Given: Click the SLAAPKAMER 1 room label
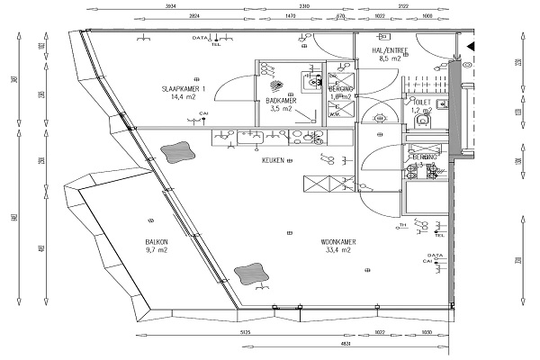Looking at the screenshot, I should [184, 88].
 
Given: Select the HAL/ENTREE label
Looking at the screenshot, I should [390, 50].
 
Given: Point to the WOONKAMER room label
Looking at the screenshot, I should [337, 242].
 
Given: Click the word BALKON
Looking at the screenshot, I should [157, 242].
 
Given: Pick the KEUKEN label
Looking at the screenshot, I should [274, 160].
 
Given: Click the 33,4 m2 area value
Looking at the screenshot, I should [337, 250].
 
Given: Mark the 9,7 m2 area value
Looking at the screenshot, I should [157, 250].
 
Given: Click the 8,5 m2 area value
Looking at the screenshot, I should [390, 58].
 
